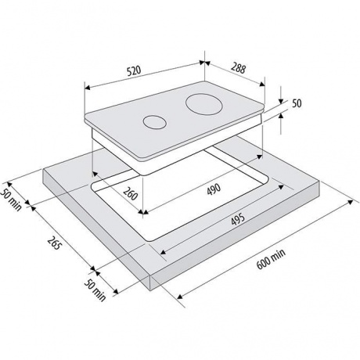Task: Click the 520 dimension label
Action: tap(134, 70)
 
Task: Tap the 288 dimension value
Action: tap(238, 68)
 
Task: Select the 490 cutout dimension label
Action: tap(214, 189)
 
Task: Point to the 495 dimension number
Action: tap(238, 219)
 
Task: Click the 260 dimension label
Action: tap(130, 194)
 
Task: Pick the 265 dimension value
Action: tap(54, 243)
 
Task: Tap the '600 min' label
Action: tap(271, 259)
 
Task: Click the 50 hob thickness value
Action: tap(297, 103)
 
